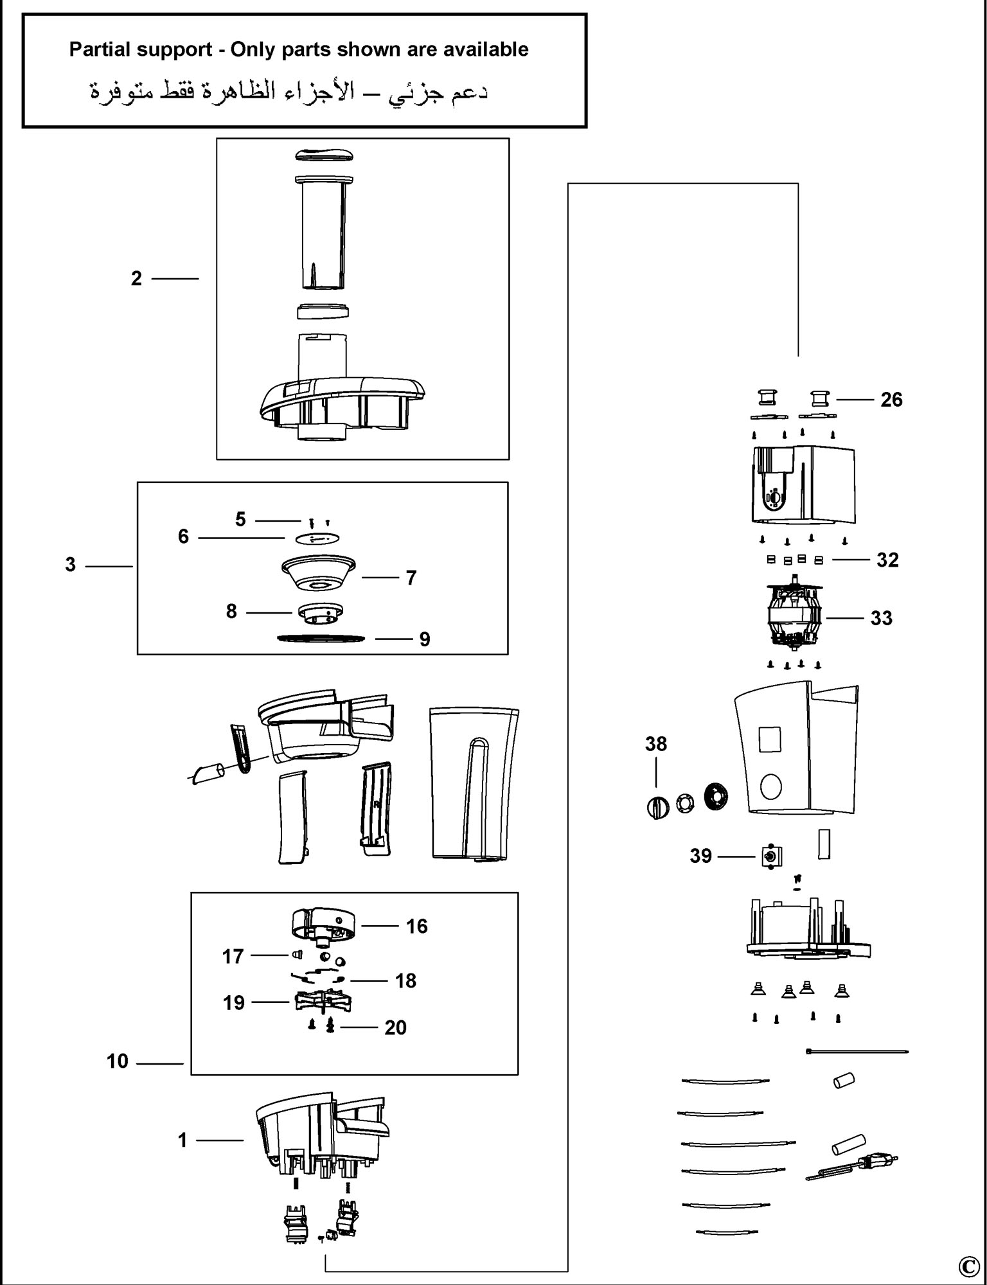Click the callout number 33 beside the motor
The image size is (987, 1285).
pos(881,618)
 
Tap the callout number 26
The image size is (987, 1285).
pos(891,400)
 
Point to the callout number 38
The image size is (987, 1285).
pos(656,744)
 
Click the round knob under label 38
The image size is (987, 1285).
pos(657,807)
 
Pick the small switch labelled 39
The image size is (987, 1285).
pos(770,856)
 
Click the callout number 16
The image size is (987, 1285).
pos(417,926)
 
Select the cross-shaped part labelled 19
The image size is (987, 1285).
pos(325,1002)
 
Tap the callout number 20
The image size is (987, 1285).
pos(395,1027)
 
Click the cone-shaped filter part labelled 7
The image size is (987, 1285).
pos(319,573)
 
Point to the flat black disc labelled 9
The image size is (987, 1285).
pos(321,638)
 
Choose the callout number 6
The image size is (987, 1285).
pos(184,536)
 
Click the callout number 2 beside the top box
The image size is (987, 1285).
pos(136,279)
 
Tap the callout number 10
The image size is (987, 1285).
pos(118,1061)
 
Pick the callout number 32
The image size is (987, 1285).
pos(887,560)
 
